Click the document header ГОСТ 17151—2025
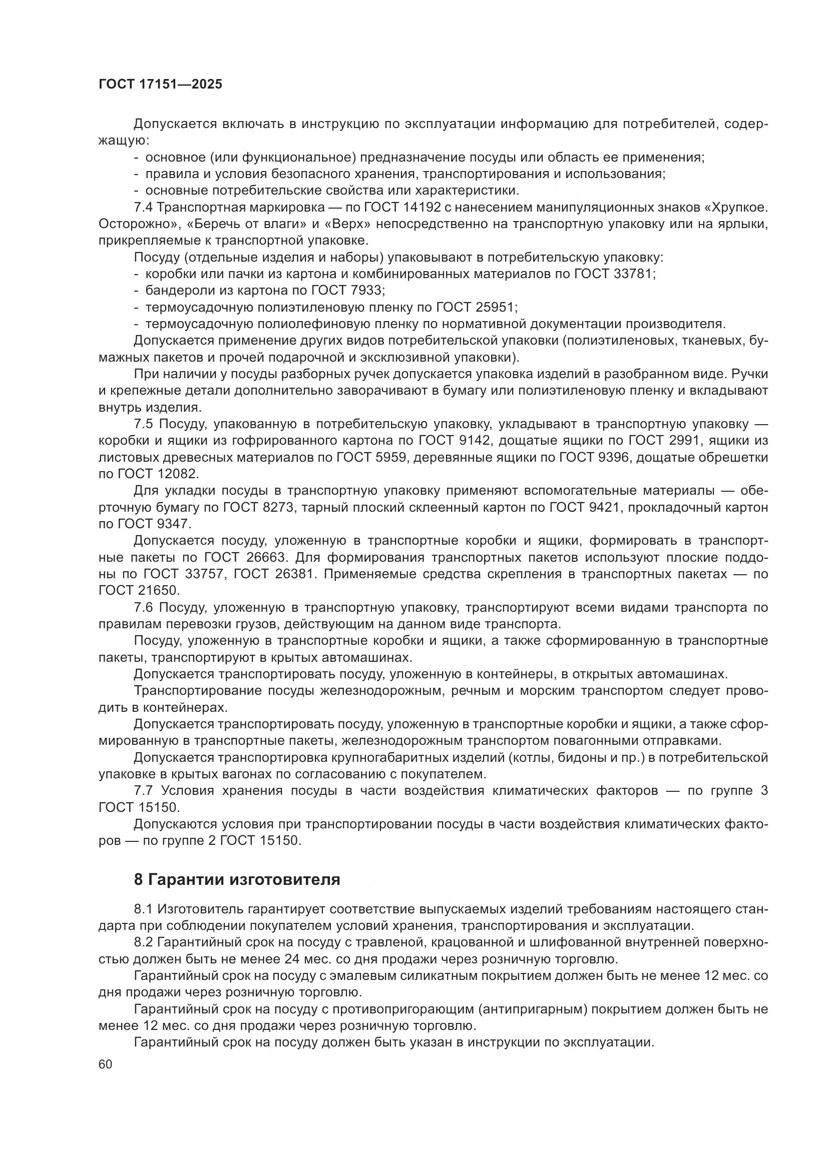coord(160,85)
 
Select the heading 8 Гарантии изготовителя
coord(237,879)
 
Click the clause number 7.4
coord(143,208)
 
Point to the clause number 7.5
coord(143,424)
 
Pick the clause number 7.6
coord(143,607)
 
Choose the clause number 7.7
coord(143,790)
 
